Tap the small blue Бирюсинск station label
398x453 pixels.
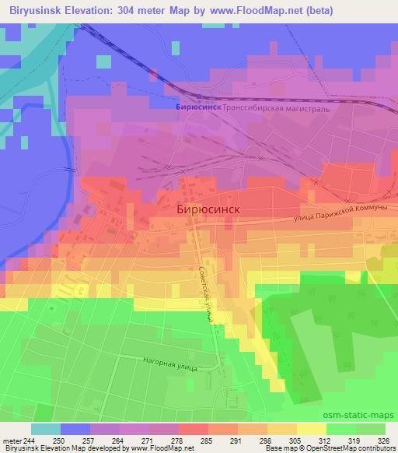tap(199, 108)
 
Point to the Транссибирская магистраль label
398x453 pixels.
tap(277, 109)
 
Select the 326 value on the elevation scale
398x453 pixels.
tap(383, 440)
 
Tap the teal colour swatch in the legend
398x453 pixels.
tap(46, 429)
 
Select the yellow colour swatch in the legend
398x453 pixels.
tap(311, 429)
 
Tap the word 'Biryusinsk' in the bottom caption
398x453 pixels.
tap(21, 449)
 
